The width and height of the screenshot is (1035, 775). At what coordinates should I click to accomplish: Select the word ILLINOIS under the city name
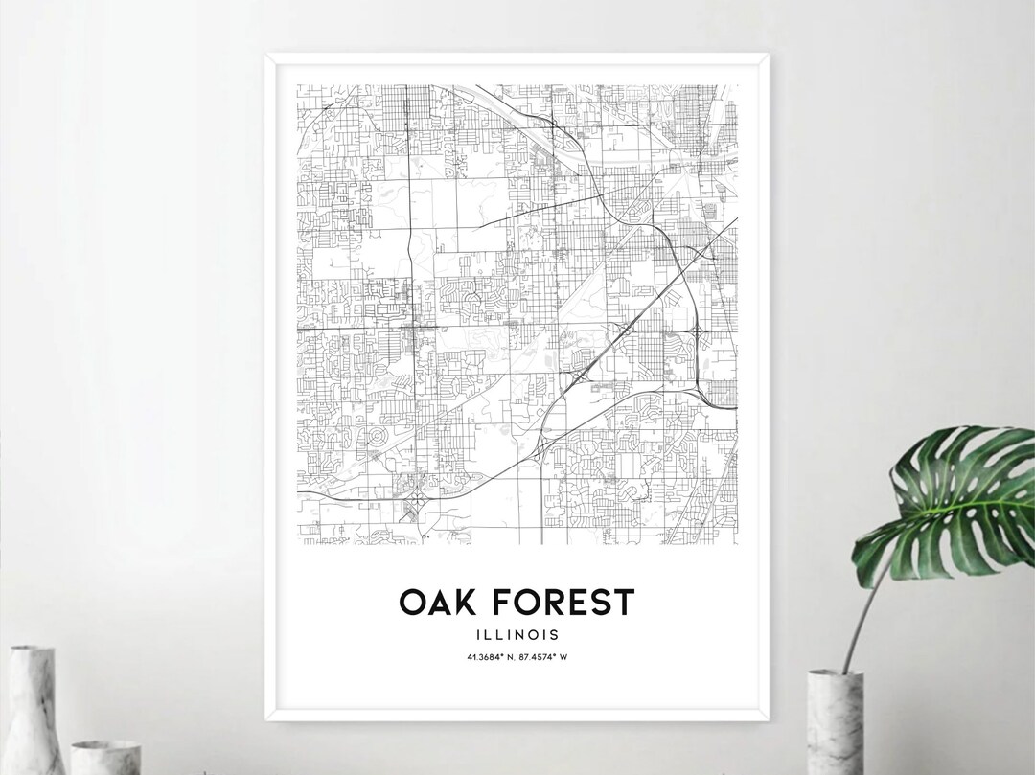(x=518, y=633)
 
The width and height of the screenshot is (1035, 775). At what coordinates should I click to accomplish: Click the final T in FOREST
(x=624, y=603)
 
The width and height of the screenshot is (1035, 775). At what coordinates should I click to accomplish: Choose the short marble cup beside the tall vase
(x=105, y=757)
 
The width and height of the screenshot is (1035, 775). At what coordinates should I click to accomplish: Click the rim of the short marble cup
(x=105, y=743)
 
